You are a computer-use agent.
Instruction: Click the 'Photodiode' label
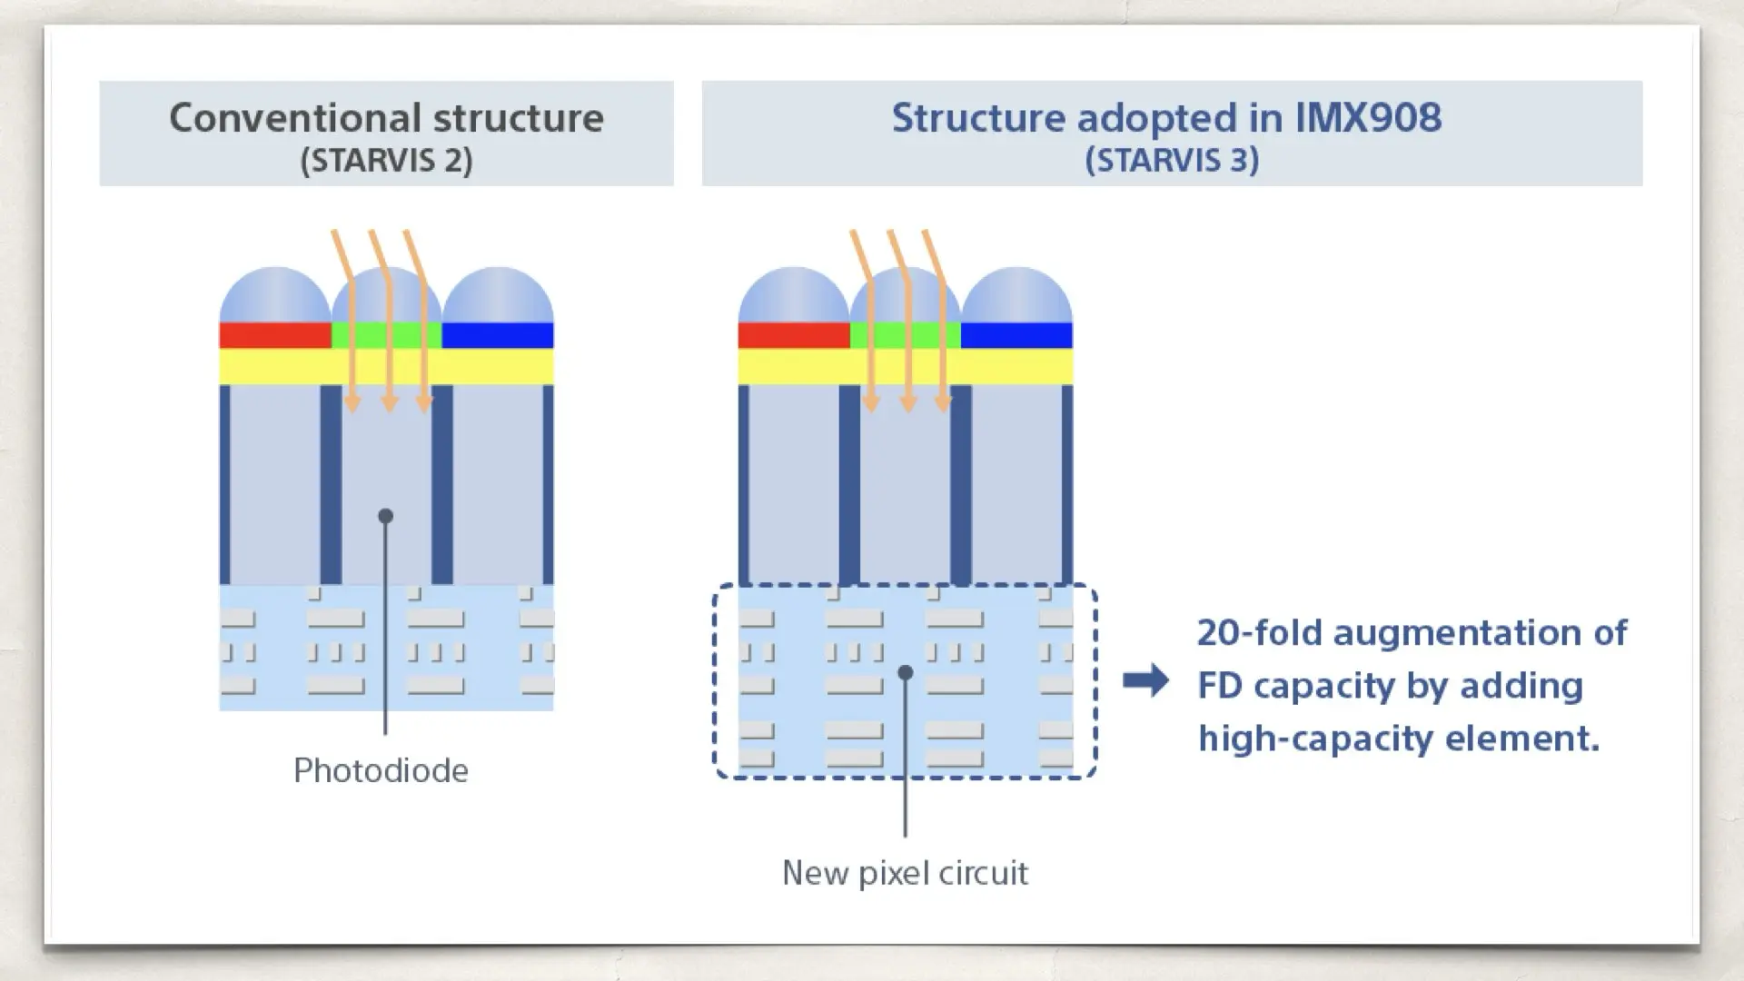pos(381,770)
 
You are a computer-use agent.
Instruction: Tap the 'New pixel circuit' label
pos(905,873)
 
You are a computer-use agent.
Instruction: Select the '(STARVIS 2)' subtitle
pos(386,161)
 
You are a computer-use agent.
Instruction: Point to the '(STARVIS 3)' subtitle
pos(1172,161)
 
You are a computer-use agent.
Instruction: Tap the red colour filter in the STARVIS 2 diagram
pos(274,335)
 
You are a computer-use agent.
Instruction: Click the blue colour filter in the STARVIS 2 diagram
pos(498,335)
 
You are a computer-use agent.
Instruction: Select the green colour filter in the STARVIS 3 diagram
pos(905,335)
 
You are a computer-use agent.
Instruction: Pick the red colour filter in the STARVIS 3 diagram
pos(793,335)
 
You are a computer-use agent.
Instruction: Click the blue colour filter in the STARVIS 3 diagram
pos(1016,335)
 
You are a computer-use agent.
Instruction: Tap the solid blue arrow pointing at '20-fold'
pos(1145,680)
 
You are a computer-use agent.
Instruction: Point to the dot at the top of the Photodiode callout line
pos(385,516)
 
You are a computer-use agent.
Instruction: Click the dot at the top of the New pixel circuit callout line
pos(905,673)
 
